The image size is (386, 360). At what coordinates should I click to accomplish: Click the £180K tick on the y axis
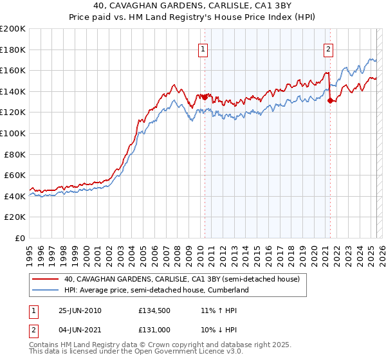click(x=13, y=50)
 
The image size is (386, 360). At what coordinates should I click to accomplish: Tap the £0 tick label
click(x=20, y=238)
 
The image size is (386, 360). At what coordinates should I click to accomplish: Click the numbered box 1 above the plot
click(x=203, y=49)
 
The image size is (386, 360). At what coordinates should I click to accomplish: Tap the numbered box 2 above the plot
click(x=328, y=49)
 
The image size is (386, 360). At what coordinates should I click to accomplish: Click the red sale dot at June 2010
click(x=205, y=97)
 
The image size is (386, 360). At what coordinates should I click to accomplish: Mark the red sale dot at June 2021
click(x=330, y=100)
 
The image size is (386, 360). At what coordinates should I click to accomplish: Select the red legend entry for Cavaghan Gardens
click(x=181, y=280)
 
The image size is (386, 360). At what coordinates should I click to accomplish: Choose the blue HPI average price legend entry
click(x=156, y=291)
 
